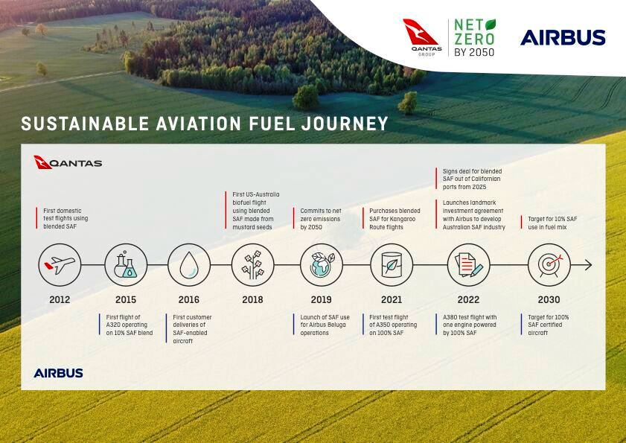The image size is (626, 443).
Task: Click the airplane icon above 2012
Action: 60,265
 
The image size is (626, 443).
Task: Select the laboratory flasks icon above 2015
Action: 126,265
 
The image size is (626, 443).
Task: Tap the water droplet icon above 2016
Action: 189,265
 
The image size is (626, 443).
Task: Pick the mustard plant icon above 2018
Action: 253,265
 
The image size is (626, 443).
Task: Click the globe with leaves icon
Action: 322,265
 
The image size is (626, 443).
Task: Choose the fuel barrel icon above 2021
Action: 392,265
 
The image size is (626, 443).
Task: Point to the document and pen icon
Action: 469,265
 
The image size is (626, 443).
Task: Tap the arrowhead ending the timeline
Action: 589,265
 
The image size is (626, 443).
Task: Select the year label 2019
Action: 322,299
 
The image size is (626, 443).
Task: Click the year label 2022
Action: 468,299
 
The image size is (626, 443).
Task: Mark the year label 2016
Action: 189,299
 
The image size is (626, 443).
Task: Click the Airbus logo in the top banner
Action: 563,37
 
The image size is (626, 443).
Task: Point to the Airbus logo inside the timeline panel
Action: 58,373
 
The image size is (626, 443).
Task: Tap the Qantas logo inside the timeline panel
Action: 68,162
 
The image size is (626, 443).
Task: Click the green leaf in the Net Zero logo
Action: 491,25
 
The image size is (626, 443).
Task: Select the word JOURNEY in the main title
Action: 345,124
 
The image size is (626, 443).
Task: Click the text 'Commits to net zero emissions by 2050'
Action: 321,219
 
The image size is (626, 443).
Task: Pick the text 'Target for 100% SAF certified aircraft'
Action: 548,325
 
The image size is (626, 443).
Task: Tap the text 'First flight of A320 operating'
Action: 127,321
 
